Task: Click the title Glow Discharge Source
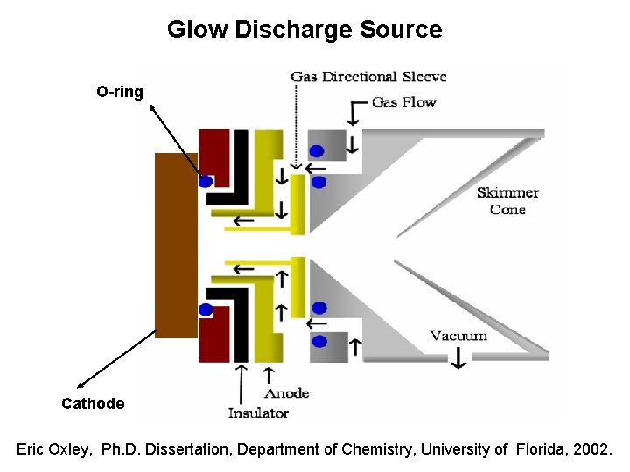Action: point(304,30)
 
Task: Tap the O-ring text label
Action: point(120,91)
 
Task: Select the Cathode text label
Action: point(93,404)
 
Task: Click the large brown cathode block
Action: point(176,245)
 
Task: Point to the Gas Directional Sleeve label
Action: point(368,77)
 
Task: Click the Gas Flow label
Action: point(403,102)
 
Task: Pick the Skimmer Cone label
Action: point(507,201)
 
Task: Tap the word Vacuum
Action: point(458,336)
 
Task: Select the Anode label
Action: point(285,394)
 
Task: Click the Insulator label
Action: point(258,413)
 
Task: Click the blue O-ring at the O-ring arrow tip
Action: point(206,181)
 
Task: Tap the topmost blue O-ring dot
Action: point(316,150)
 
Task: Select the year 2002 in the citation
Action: point(593,449)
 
